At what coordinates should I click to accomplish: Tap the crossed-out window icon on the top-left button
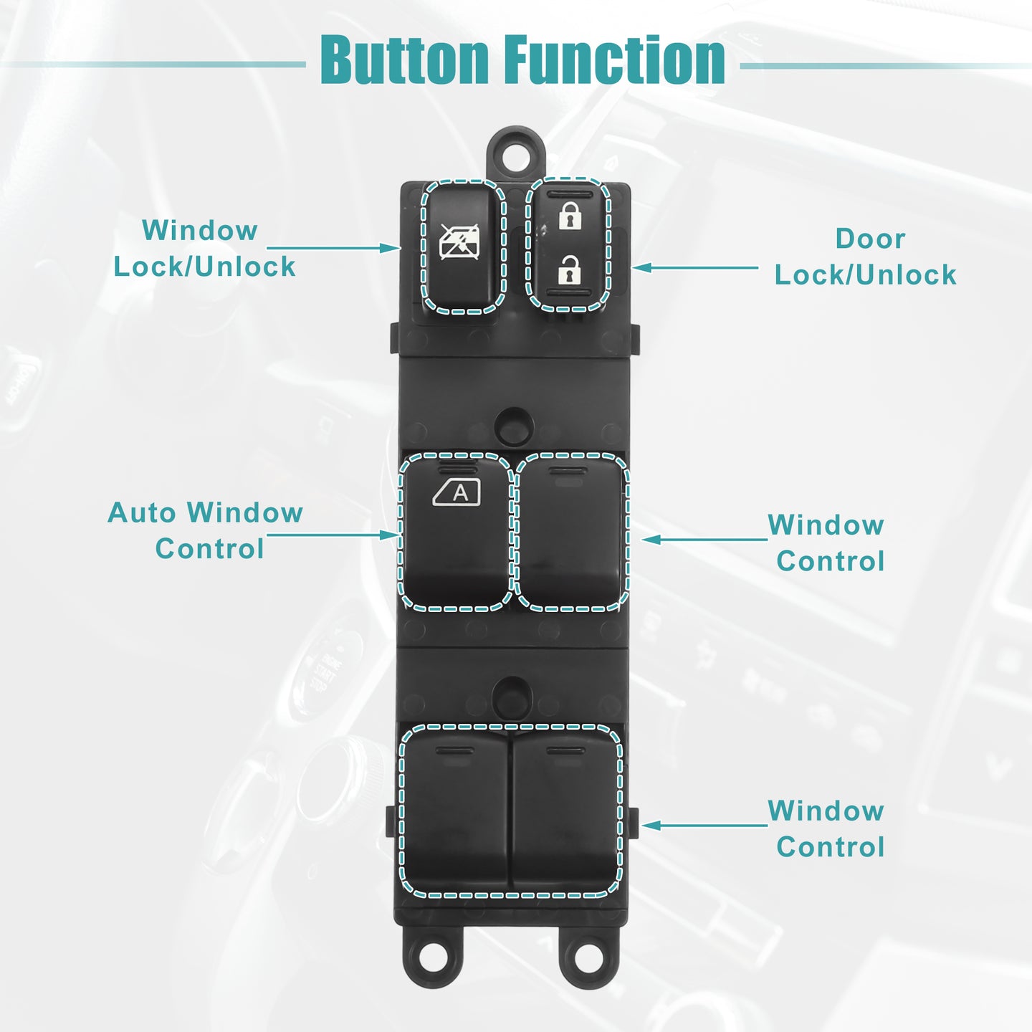pyautogui.click(x=459, y=242)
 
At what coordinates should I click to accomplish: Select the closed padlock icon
pyautogui.click(x=569, y=215)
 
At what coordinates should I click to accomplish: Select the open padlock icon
pyautogui.click(x=569, y=269)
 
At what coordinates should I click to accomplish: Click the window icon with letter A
pyautogui.click(x=457, y=492)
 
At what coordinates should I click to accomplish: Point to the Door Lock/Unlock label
pyautogui.click(x=866, y=257)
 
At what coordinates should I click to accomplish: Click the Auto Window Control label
pyautogui.click(x=205, y=531)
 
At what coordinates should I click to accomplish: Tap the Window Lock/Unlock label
pyautogui.click(x=204, y=249)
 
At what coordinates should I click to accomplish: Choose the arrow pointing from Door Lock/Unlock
pyautogui.click(x=695, y=267)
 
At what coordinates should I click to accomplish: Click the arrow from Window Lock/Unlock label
pyautogui.click(x=333, y=248)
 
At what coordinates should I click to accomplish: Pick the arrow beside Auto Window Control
pyautogui.click(x=333, y=535)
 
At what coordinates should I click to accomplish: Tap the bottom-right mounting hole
pyautogui.click(x=588, y=955)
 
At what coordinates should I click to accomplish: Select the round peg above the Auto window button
pyautogui.click(x=515, y=426)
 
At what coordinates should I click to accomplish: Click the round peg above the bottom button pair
pyautogui.click(x=513, y=697)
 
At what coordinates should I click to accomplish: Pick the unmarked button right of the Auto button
pyautogui.click(x=571, y=532)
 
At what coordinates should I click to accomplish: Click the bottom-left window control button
pyautogui.click(x=454, y=811)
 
